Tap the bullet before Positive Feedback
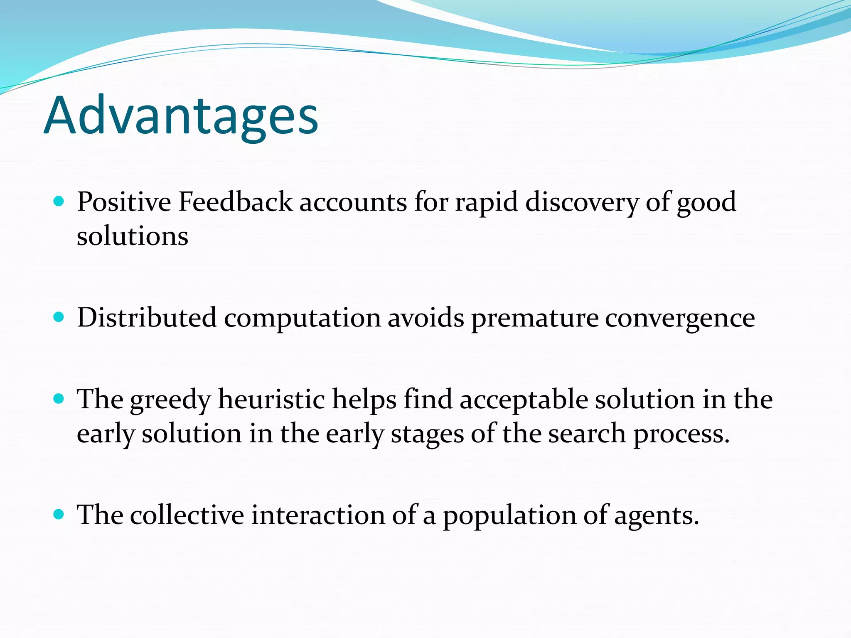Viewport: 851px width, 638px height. coord(59,202)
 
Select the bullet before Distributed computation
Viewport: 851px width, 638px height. coord(59,318)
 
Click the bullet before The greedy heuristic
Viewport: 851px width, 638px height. coord(59,399)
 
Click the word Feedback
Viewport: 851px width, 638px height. coord(235,202)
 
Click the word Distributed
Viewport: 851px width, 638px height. coord(147,318)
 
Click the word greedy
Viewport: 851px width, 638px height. coord(170,400)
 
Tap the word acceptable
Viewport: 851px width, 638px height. coord(524,400)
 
